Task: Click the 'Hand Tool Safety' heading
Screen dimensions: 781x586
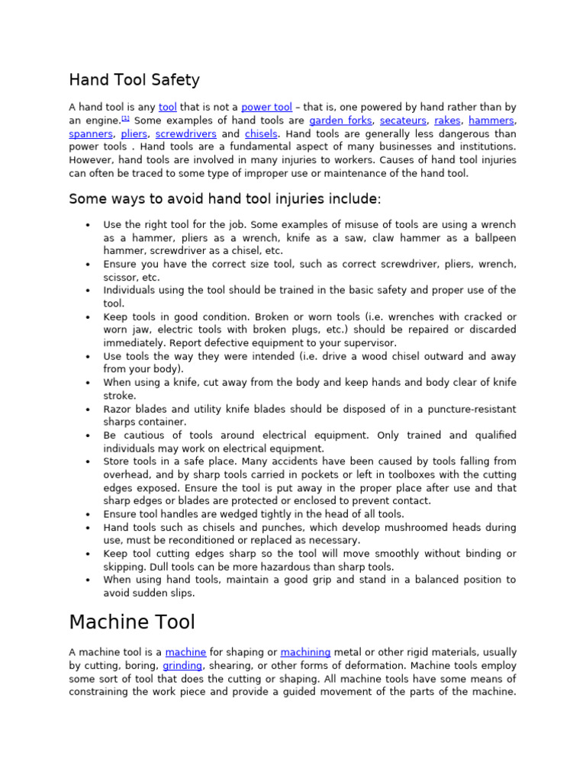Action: [134, 80]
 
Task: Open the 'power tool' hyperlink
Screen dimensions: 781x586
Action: [266, 108]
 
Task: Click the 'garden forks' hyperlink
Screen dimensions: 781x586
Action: [340, 121]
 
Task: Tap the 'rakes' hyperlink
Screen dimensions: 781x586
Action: [448, 121]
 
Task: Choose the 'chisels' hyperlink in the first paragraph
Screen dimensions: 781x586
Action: [261, 133]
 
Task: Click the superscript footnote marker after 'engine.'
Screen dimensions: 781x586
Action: [125, 119]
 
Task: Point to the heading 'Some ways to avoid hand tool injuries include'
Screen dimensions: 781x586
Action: [224, 199]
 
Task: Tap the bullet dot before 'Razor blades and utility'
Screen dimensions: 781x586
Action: [89, 410]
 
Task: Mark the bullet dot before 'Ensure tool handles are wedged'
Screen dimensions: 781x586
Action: [89, 515]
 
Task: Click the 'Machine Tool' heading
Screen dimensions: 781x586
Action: [132, 622]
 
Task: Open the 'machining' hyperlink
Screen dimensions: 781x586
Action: [305, 653]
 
